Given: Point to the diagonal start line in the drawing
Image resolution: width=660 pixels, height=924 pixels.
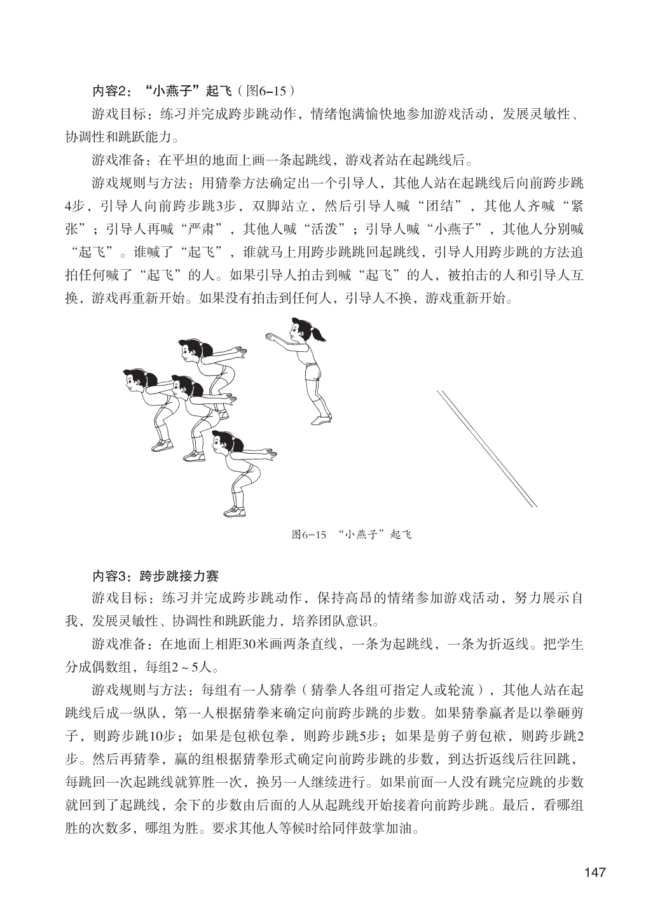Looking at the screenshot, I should tap(486, 448).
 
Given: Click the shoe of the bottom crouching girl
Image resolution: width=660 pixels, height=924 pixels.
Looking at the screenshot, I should tap(234, 511).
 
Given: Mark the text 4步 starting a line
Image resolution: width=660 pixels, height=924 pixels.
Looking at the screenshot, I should tap(78, 207).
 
